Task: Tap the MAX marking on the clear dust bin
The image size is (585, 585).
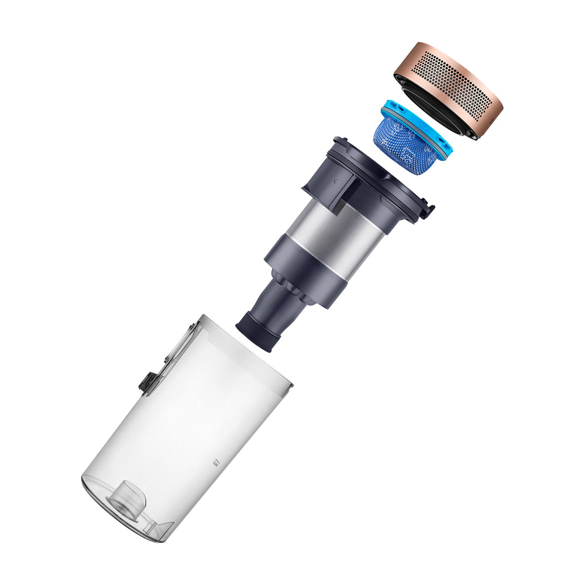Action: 215,463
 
